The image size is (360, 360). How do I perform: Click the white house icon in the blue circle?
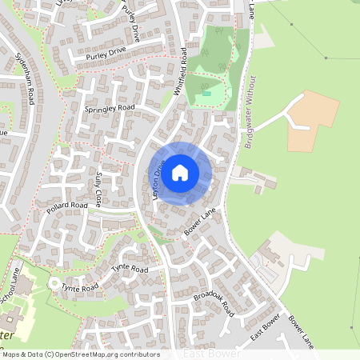point(180,173)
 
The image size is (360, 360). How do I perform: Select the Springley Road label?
point(110,107)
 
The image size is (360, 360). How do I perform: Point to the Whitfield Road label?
point(182,71)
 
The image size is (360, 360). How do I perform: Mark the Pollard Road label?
point(66,206)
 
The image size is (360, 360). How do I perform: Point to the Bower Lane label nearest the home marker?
point(201,224)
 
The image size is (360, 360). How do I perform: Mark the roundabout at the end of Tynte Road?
point(54,285)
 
